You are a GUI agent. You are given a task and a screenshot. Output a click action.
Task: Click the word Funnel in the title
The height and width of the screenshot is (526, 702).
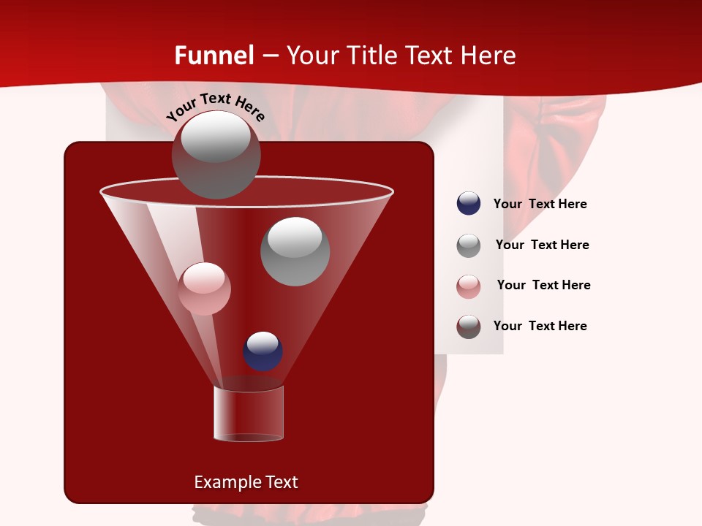214,56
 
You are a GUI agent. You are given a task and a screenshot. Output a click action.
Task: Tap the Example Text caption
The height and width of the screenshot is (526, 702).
246,482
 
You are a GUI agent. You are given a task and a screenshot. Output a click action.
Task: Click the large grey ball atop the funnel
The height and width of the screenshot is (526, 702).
216,155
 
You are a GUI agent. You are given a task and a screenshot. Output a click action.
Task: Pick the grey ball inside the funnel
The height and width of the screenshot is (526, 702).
295,251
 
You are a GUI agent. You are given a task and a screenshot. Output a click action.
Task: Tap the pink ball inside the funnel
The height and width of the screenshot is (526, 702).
204,289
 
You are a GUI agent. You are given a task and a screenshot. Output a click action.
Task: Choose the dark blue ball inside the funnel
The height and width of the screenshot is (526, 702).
263,351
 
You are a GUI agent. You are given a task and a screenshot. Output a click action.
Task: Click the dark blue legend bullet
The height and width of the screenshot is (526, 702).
469,204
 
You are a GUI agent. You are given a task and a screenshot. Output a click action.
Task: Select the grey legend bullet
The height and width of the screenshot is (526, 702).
469,245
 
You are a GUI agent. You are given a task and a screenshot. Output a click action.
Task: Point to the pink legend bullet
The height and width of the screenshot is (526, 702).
469,286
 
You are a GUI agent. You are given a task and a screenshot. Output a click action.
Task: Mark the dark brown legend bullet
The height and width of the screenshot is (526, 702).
469,327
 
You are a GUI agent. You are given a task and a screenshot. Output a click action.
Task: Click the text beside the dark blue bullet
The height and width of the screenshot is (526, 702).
540,205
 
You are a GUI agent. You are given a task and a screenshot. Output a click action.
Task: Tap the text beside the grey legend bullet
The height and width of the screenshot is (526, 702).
542,245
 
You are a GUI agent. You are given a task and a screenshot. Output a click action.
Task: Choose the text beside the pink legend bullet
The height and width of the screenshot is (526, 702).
543,285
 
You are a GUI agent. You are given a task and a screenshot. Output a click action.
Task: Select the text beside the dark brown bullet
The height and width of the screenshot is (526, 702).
540,326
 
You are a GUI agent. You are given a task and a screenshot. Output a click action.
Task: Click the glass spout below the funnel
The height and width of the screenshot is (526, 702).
249,413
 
